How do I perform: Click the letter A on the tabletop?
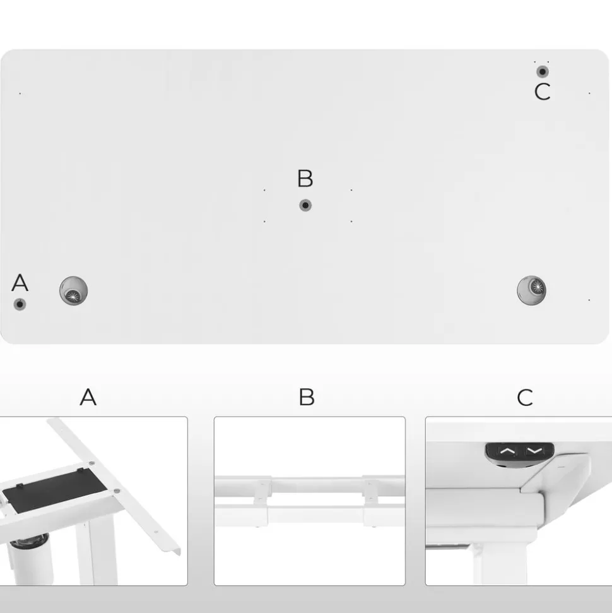coord(20,283)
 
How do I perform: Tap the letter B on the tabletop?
coord(305,178)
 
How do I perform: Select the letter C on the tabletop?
coord(542,92)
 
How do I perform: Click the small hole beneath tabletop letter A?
coord(20,304)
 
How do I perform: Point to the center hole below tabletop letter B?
coord(305,205)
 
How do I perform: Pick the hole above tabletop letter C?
coord(542,71)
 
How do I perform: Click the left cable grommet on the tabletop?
coord(73,290)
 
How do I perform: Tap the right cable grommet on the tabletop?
coord(531,290)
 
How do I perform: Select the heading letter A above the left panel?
coord(88,397)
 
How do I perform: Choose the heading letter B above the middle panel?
coord(307,397)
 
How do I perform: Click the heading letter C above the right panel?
coord(525,398)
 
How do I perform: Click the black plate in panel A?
coord(55,489)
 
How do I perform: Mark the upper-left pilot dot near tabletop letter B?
coord(264,191)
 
